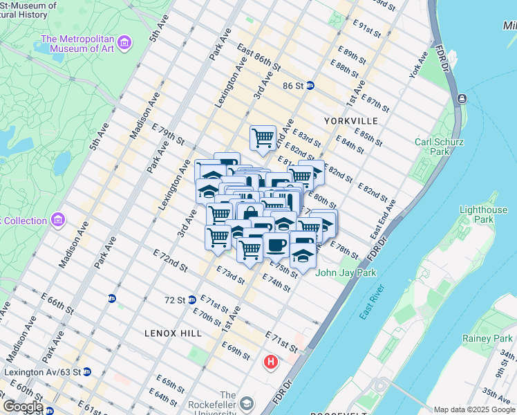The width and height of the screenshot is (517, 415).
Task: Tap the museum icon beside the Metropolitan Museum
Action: (125, 44)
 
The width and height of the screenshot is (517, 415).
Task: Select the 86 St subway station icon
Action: (310, 86)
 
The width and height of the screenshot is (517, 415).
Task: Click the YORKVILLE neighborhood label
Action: (350, 120)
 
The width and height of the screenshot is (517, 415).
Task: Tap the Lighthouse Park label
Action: (483, 214)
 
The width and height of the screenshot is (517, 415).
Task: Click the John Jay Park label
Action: (346, 273)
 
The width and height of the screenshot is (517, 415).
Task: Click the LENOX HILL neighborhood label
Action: (173, 333)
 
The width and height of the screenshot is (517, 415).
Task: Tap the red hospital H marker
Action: (271, 361)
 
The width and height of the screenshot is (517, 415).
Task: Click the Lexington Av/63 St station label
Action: (42, 371)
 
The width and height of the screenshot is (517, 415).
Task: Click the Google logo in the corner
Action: (22, 407)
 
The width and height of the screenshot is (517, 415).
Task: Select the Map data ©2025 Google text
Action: (473, 409)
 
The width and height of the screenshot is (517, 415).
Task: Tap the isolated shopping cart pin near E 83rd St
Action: (263, 138)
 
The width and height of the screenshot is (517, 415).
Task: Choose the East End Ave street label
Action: (384, 219)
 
